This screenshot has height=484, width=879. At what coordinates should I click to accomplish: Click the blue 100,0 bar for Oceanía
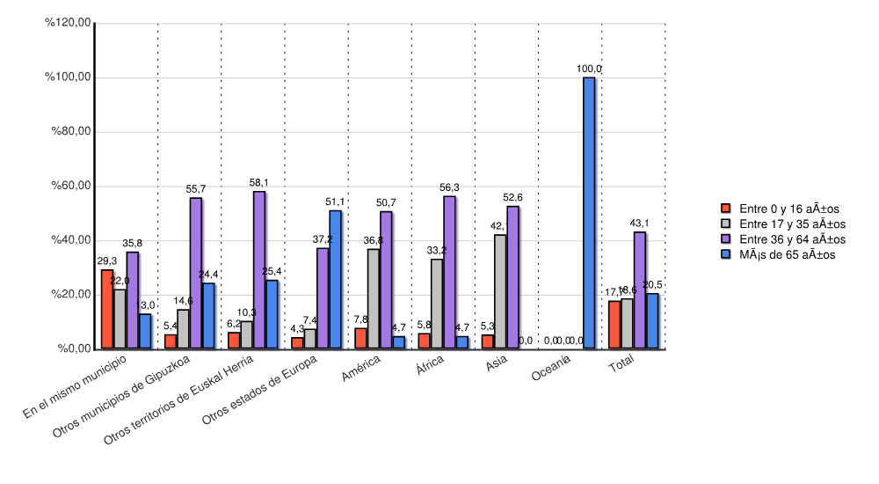(x=589, y=213)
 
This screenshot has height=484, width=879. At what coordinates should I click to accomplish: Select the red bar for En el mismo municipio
(x=107, y=309)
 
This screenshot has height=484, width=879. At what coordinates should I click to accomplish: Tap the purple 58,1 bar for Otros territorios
(x=259, y=270)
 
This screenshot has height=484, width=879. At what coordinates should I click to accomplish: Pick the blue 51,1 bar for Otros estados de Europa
(x=336, y=280)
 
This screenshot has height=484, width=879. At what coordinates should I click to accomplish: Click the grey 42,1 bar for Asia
(x=500, y=291)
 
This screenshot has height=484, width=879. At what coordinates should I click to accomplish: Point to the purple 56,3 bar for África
(x=449, y=272)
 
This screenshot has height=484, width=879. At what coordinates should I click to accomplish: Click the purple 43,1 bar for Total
(x=639, y=290)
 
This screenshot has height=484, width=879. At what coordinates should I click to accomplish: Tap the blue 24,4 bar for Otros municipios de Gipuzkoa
(x=208, y=316)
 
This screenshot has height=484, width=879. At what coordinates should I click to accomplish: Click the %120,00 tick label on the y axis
(x=69, y=24)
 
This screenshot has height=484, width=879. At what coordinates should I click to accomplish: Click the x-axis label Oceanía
(x=552, y=374)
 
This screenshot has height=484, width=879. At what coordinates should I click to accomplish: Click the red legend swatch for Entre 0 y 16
(x=726, y=209)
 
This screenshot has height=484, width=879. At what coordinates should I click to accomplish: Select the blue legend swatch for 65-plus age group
(x=726, y=254)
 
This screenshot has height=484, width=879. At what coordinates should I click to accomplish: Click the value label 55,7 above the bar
(x=196, y=188)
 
